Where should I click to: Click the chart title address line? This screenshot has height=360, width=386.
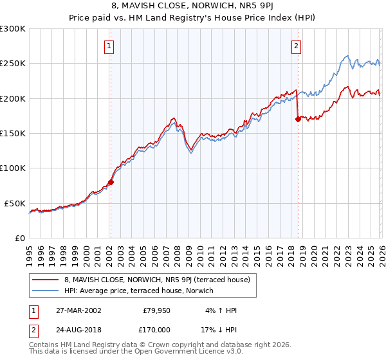point(193,7)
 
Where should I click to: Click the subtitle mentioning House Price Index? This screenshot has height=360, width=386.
point(193,19)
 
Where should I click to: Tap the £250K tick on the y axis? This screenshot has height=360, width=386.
point(13,64)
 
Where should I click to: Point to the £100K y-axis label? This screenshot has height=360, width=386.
point(13,168)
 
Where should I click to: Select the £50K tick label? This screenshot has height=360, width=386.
point(15,203)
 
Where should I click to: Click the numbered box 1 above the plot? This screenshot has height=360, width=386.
point(110,46)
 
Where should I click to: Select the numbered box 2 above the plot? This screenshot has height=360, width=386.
point(297,46)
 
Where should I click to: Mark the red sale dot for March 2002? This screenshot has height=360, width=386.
point(111,182)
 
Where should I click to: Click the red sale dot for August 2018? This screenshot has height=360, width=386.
point(298,119)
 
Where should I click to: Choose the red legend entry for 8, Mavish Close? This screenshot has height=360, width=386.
point(161,280)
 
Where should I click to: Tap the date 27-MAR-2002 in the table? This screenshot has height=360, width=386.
point(78,310)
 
